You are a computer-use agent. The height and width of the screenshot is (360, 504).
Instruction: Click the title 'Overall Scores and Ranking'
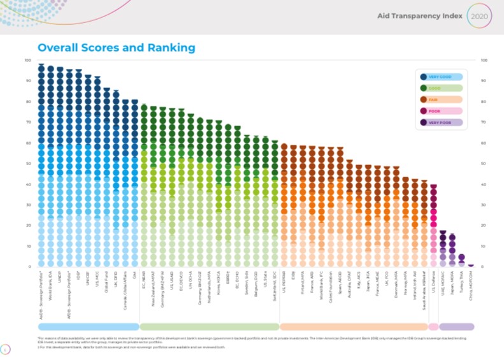[x=117, y=48]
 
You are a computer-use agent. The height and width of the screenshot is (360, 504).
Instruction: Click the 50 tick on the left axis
[x=27, y=164]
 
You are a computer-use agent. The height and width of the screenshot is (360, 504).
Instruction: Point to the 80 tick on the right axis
[x=484, y=102]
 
